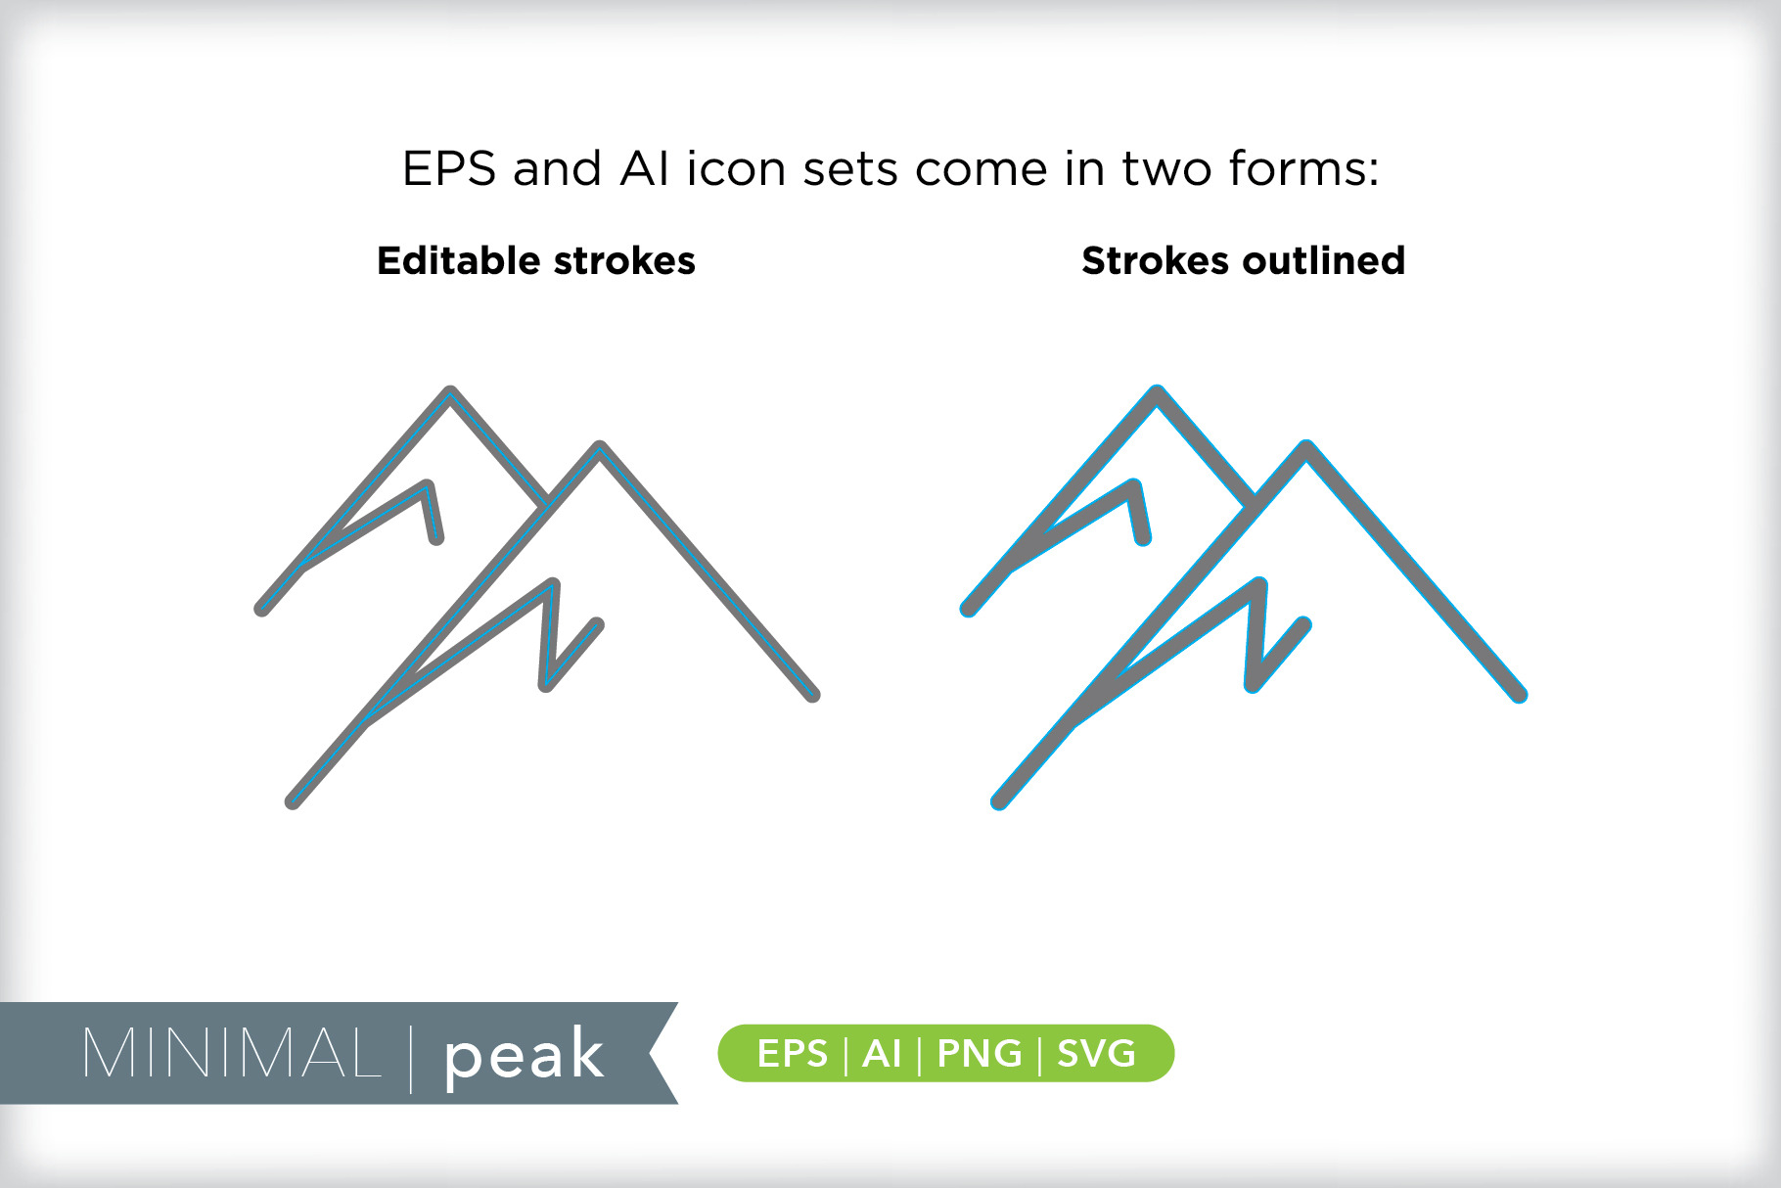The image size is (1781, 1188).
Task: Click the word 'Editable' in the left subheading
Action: tap(459, 260)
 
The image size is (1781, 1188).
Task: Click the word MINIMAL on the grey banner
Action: tap(232, 1054)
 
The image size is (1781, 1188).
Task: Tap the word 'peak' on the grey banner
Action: tap(524, 1056)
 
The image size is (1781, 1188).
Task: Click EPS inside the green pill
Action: tap(793, 1054)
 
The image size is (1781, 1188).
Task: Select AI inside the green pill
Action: tap(882, 1054)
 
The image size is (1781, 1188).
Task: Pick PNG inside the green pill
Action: tap(980, 1054)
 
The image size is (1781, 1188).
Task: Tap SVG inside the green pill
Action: tap(1096, 1054)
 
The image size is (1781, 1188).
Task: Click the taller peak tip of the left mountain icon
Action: tap(450, 392)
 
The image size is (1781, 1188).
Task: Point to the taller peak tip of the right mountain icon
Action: tap(1157, 392)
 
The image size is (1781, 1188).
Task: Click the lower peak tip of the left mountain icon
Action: tap(600, 447)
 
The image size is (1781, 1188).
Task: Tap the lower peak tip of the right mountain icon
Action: tap(1306, 447)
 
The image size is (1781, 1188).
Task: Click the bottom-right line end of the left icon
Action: tap(812, 695)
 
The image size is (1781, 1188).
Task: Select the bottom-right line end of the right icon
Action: tap(1519, 695)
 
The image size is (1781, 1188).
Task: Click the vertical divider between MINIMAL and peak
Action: tap(411, 1058)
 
